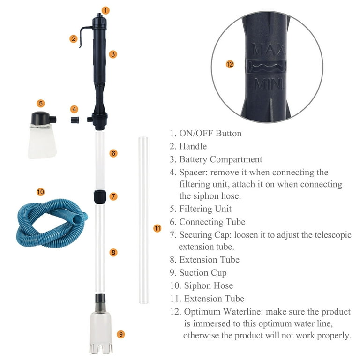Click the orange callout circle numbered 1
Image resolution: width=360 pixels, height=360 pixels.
(x=105, y=10)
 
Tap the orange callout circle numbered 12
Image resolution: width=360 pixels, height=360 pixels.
(x=229, y=65)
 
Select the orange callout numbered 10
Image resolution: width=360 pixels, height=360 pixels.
(x=40, y=191)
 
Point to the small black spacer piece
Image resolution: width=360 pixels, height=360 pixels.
(x=74, y=120)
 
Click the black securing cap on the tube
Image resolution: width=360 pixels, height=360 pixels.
(x=98, y=196)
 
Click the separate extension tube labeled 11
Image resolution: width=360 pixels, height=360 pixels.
(x=143, y=220)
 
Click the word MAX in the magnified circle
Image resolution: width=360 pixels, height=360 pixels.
(x=264, y=49)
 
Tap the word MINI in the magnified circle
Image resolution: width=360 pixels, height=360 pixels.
(x=269, y=84)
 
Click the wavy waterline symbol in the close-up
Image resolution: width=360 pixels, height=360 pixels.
(x=267, y=67)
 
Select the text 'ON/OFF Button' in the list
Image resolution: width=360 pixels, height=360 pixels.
(x=210, y=133)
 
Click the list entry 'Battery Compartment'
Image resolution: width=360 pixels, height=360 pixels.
(x=221, y=159)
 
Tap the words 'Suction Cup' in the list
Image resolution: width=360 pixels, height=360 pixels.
(x=202, y=272)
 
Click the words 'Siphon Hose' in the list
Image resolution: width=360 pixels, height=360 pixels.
(x=209, y=285)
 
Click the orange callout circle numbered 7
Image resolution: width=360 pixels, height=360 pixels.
(x=113, y=196)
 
